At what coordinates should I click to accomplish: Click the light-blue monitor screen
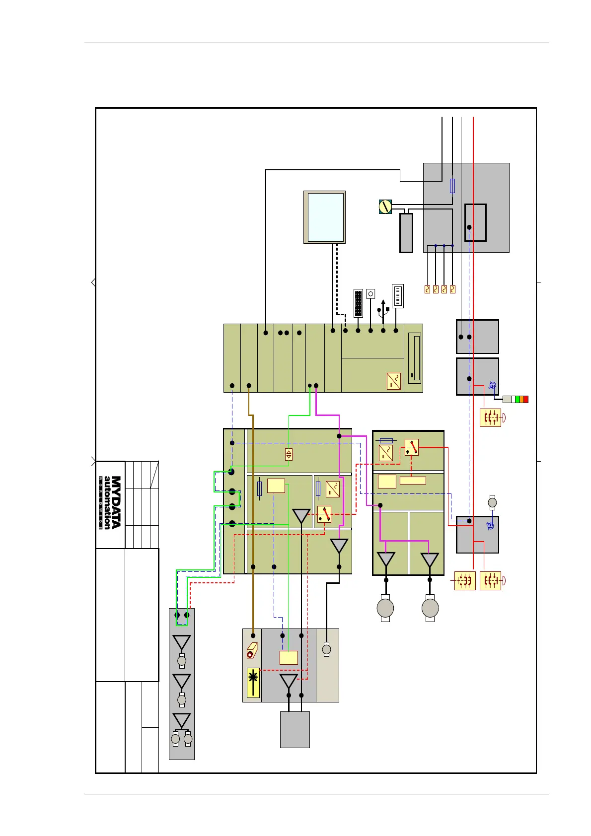point(326,217)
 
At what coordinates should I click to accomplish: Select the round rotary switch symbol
point(385,207)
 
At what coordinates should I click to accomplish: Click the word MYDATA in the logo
point(116,502)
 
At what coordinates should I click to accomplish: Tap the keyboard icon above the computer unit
point(359,303)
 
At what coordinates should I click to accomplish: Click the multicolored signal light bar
point(516,399)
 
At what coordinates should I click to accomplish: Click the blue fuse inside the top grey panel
point(452,186)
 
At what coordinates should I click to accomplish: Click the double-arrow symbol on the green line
point(289,454)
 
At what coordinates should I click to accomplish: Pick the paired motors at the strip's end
point(181,739)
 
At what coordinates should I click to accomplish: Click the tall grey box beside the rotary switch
point(406,233)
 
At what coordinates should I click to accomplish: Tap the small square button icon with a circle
point(370,294)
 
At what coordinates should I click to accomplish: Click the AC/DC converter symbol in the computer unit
point(394,381)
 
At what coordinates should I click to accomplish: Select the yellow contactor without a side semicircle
point(465,581)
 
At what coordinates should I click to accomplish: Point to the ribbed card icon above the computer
point(397,296)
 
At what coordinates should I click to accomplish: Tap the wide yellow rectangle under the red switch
point(413,480)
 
